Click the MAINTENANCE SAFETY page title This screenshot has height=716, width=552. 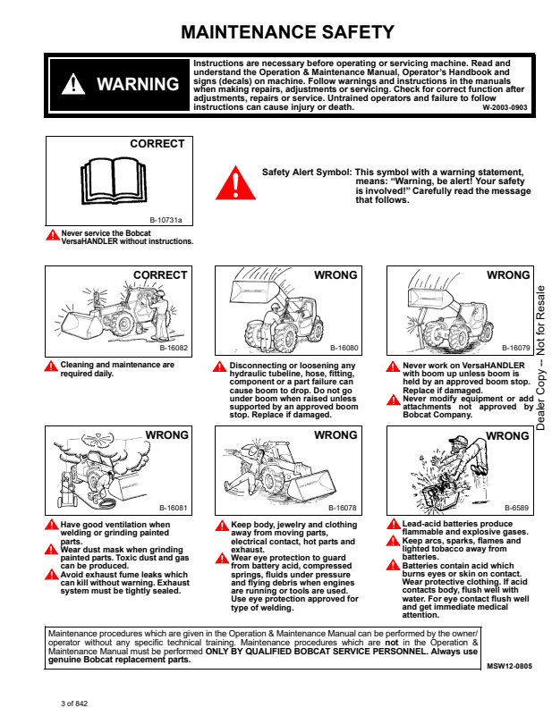(287, 33)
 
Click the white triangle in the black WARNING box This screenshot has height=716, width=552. (72, 85)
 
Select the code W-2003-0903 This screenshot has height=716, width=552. (505, 107)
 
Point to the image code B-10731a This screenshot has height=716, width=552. (166, 219)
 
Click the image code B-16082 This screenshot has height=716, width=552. (174, 347)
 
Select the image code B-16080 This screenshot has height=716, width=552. (344, 347)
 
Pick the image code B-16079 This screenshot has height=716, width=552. (515, 347)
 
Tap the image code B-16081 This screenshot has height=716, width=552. (174, 508)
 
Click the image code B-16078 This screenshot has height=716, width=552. (344, 508)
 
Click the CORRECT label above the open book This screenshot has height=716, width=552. (157, 144)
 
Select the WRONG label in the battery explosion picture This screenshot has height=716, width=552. (508, 436)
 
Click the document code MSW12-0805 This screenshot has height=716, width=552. (509, 667)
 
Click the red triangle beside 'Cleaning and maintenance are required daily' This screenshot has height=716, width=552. (52, 366)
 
